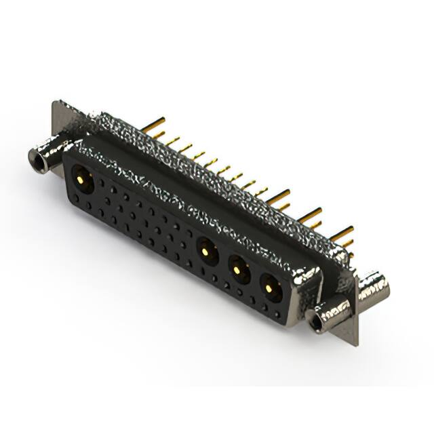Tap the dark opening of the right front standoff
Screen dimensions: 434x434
point(316,323)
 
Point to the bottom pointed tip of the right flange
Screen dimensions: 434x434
point(354,344)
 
